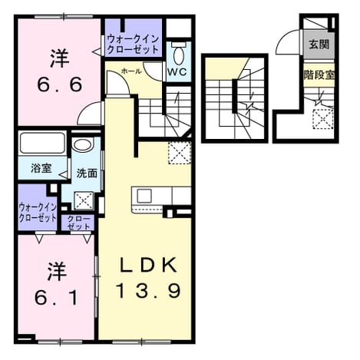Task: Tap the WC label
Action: coord(177,72)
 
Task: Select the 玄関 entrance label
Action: coord(319,45)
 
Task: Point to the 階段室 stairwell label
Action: coord(319,74)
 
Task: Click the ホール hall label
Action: coord(131,71)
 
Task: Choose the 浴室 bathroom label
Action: coord(41,168)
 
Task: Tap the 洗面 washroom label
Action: coord(87,173)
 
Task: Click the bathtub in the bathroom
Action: coord(42,144)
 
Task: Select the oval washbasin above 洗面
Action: coord(82,145)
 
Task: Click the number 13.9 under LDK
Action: coord(149,291)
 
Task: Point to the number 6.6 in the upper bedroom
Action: coord(60,84)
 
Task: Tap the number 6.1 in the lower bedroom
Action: coord(56,298)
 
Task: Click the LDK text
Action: coord(149,265)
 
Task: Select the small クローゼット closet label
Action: coord(78,223)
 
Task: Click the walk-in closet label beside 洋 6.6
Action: coord(133,45)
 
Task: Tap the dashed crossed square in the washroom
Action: coord(84,200)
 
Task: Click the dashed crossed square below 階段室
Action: coord(323,119)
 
